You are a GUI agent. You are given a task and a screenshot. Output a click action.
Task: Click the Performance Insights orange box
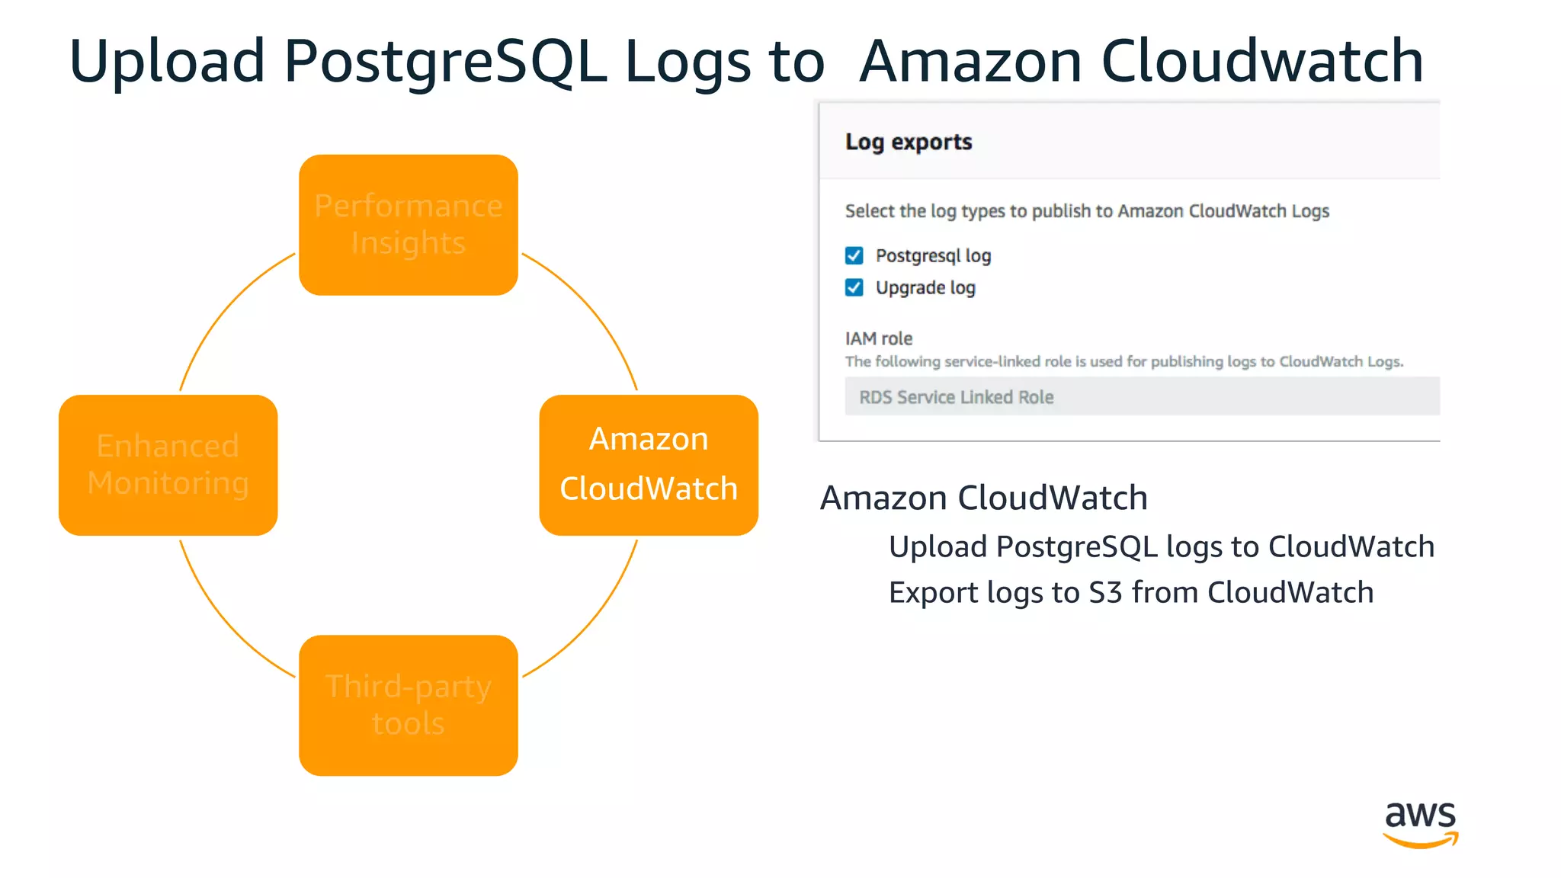pos(408,225)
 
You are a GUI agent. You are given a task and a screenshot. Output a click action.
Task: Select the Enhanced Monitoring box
pos(168,465)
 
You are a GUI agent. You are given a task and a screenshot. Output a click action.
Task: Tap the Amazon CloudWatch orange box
pos(649,465)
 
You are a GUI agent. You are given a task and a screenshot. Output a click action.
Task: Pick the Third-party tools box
pos(408,705)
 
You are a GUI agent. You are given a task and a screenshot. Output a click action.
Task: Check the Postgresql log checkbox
pos(854,255)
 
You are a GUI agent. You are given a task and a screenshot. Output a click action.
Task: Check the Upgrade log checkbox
pos(854,287)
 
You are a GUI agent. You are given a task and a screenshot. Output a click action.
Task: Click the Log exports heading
pos(909,142)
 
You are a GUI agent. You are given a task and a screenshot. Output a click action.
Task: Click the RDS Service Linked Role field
pos(1141,396)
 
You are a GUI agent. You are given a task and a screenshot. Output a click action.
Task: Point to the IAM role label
pos(878,338)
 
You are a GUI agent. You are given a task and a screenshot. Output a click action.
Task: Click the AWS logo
pos(1420,823)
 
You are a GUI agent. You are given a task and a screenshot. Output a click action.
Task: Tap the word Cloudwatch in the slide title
pos(1261,61)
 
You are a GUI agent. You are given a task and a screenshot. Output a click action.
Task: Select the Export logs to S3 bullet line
pos(1130,592)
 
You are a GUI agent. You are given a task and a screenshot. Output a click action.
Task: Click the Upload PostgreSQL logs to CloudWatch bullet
pos(1161,546)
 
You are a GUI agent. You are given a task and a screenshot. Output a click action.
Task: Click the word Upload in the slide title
pos(167,61)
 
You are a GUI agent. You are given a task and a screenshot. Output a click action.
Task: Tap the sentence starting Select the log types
pos(1086,211)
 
